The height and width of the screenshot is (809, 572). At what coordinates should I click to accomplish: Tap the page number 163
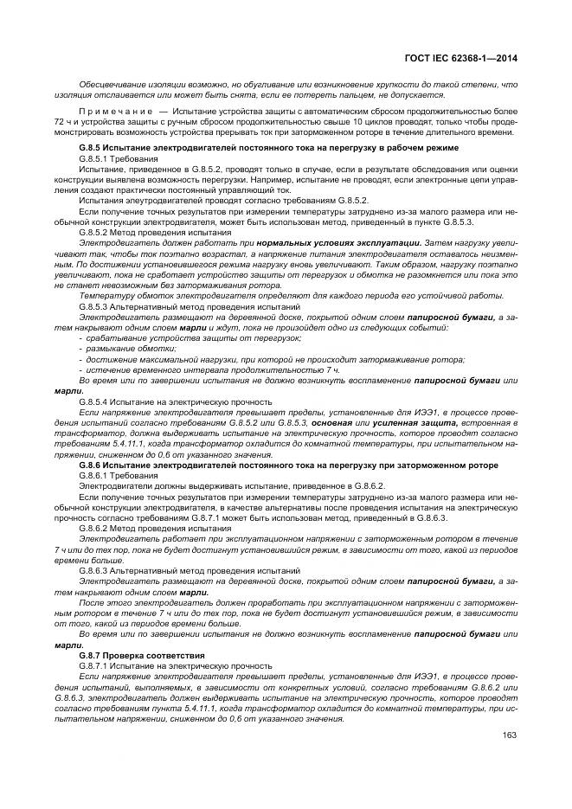(x=510, y=735)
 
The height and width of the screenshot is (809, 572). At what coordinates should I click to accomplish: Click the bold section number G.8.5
(x=92, y=149)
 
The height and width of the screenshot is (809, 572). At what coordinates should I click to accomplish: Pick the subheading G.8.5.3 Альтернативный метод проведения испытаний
(x=177, y=307)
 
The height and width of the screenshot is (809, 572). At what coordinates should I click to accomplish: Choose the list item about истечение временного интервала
(x=187, y=369)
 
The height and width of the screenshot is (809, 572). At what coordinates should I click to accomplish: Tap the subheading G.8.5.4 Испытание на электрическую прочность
(x=176, y=401)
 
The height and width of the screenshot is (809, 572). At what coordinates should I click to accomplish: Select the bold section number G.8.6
(x=92, y=465)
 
